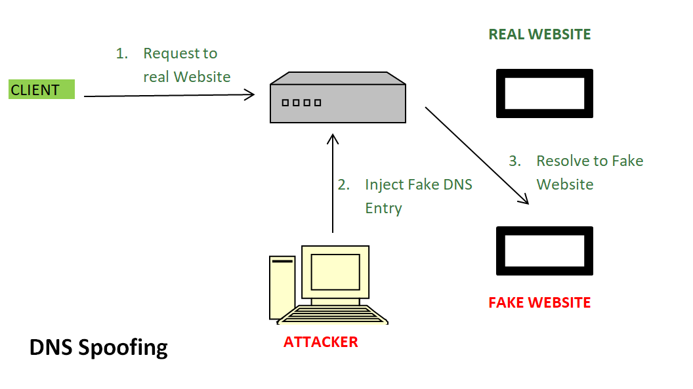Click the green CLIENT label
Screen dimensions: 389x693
click(41, 90)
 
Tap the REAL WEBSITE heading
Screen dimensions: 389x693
click(539, 35)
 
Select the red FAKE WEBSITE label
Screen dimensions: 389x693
click(539, 302)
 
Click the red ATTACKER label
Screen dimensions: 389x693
click(321, 342)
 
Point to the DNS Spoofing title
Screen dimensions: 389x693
click(98, 347)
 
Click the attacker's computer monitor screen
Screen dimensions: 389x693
click(335, 271)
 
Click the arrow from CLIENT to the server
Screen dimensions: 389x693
click(169, 96)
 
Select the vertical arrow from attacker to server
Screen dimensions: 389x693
click(333, 184)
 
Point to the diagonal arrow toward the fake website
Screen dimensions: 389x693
click(477, 155)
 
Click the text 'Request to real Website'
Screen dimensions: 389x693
click(186, 65)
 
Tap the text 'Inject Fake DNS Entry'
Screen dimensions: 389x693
click(418, 196)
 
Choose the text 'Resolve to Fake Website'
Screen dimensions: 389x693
click(589, 173)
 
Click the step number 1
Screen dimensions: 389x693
click(121, 54)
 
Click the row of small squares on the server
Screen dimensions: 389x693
click(301, 103)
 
